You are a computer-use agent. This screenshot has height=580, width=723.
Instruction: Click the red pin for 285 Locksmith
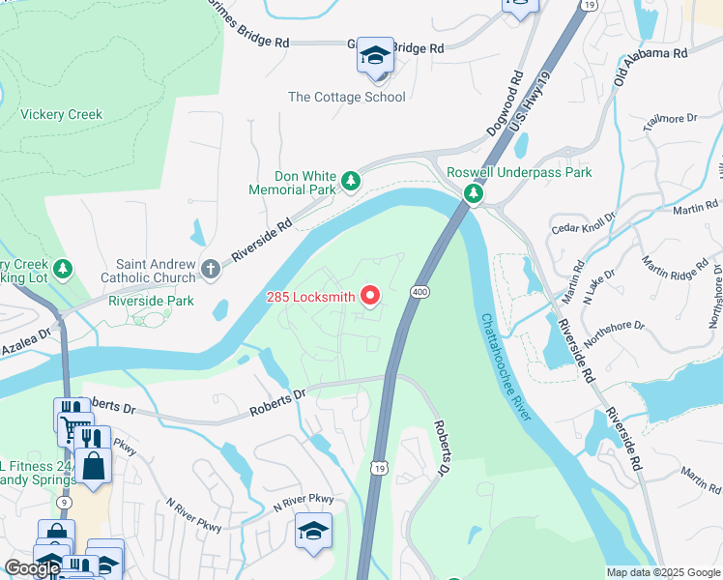[369, 295]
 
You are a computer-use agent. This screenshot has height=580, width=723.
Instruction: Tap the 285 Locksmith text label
[310, 297]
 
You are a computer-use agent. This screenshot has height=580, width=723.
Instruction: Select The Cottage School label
[346, 97]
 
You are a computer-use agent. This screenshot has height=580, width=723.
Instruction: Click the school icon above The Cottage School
[375, 56]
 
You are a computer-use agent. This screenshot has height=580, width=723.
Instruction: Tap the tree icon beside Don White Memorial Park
[352, 180]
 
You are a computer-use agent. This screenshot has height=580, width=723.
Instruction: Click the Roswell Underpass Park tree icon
[473, 194]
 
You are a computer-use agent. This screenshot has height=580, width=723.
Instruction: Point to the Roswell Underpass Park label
[519, 173]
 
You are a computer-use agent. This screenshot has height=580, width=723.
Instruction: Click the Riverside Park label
[151, 301]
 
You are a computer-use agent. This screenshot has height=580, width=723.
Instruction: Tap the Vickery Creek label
[62, 115]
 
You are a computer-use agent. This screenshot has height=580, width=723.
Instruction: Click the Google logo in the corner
[32, 568]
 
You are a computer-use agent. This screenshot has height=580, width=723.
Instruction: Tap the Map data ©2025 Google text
[663, 572]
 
